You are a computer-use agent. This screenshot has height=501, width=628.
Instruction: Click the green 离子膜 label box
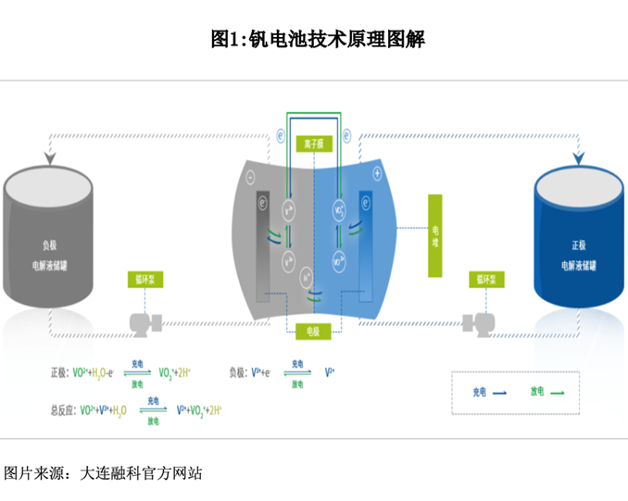(x=312, y=144)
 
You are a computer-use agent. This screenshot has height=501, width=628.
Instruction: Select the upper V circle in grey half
(x=289, y=210)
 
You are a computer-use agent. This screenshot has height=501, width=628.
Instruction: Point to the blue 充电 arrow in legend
(x=498, y=393)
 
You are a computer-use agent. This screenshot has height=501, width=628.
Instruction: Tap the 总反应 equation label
(x=64, y=407)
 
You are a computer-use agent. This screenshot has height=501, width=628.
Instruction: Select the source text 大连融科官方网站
(x=140, y=473)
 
